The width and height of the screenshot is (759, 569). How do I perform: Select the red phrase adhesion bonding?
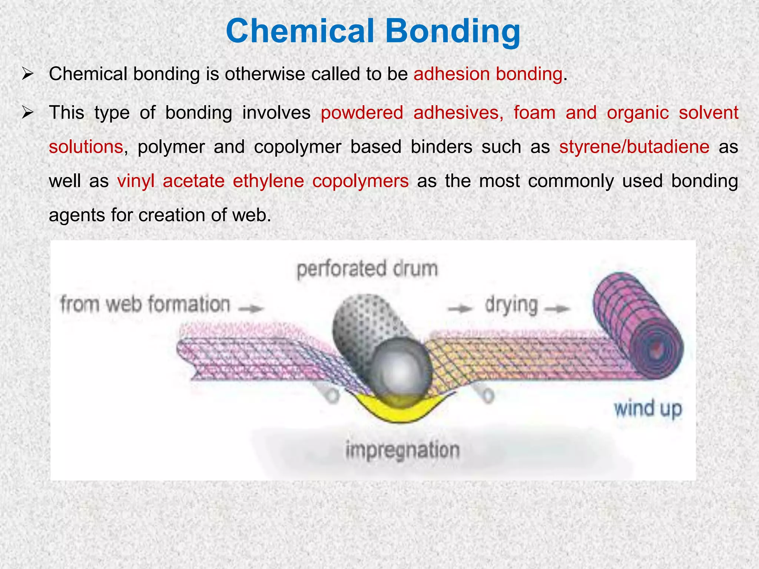click(488, 74)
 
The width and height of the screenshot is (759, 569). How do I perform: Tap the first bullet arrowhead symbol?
click(28, 74)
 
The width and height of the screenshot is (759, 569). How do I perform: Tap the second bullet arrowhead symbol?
click(28, 112)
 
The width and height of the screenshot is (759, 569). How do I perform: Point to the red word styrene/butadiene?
click(634, 147)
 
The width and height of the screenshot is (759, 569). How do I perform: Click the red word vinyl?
click(135, 181)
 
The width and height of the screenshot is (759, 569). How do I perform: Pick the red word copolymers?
click(360, 181)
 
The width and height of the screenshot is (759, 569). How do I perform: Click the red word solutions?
click(86, 147)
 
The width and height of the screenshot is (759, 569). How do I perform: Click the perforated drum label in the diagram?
click(367, 269)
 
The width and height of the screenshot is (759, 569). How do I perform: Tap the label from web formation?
click(145, 305)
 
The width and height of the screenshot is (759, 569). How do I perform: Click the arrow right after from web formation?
click(251, 308)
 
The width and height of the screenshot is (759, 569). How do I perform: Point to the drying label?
click(511, 306)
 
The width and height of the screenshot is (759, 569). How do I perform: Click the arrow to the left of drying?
click(460, 308)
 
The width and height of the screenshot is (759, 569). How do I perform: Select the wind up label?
click(648, 409)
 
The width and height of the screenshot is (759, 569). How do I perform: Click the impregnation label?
click(402, 450)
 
